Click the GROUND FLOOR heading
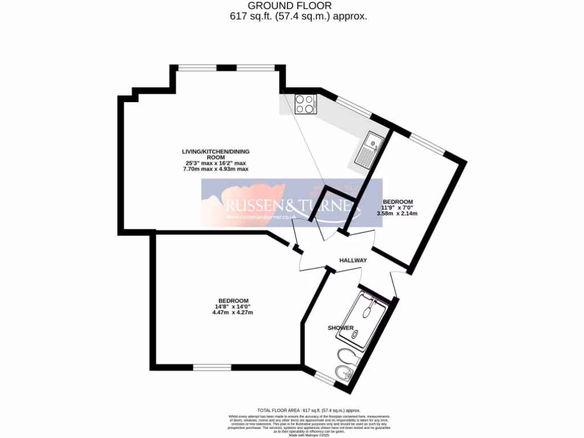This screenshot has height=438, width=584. pyautogui.click(x=291, y=6)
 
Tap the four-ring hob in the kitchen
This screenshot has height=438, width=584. pyautogui.click(x=306, y=104)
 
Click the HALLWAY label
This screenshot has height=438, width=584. pyautogui.click(x=353, y=260)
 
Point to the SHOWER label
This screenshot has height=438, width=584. pyautogui.click(x=340, y=328)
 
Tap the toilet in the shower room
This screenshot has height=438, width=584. pyautogui.click(x=347, y=356)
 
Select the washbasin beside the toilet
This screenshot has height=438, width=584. pyautogui.click(x=344, y=374)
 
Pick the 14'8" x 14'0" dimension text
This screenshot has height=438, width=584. pyautogui.click(x=233, y=307)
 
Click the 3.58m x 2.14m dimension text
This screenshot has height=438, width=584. pyautogui.click(x=398, y=214)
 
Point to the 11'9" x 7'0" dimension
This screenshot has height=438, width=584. pyautogui.click(x=398, y=208)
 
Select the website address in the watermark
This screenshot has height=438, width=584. pyautogui.click(x=260, y=217)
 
